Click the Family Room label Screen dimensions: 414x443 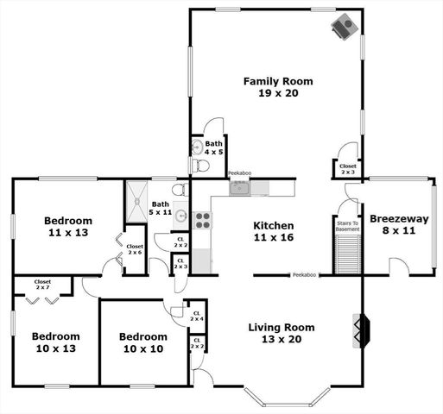[x=277, y=81]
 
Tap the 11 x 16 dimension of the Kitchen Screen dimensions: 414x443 [x=273, y=238]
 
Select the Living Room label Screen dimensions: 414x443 [x=281, y=328]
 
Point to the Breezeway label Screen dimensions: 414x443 [x=398, y=219]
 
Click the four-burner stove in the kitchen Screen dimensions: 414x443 [x=201, y=220]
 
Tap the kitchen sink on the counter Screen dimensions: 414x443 [x=239, y=188]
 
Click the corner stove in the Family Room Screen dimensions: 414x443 [x=345, y=26]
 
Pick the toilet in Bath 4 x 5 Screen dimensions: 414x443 [x=199, y=165]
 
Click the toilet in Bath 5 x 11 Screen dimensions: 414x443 [x=178, y=190]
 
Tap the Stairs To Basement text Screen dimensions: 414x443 [x=347, y=226]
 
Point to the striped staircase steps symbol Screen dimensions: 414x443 [x=347, y=254]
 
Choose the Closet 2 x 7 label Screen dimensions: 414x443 [x=42, y=285]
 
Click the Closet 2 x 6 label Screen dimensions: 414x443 [x=135, y=250]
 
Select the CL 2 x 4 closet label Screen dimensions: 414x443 [x=196, y=317]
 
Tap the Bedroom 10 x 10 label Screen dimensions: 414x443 [x=142, y=342]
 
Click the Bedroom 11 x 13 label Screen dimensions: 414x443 [x=69, y=226]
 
